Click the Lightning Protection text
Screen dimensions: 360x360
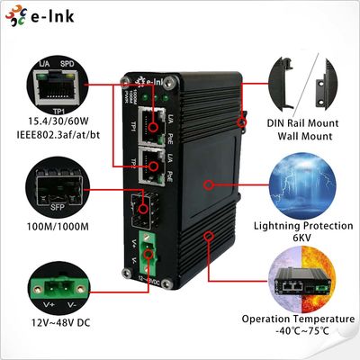pos(301,226)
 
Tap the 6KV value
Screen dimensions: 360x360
pos(301,238)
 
